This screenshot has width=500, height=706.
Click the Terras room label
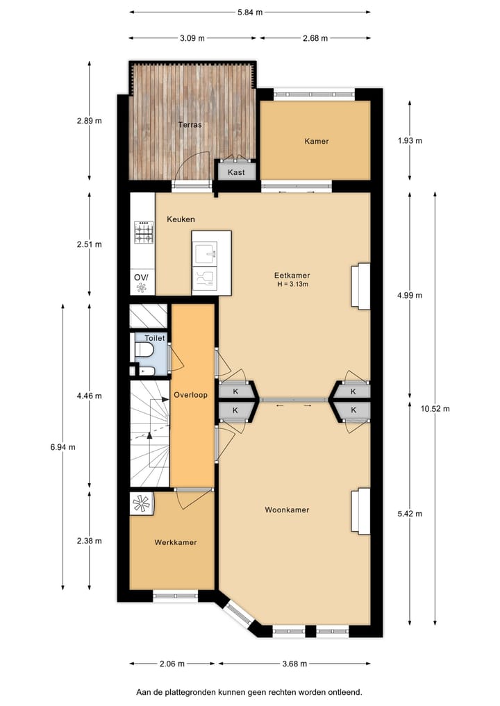(x=190, y=125)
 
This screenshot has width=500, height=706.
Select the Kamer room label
(x=316, y=141)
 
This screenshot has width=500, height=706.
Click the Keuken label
(x=181, y=219)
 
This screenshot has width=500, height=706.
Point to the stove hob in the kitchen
(x=144, y=233)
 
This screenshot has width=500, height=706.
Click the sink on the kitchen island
(x=205, y=253)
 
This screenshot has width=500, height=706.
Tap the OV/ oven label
(x=141, y=278)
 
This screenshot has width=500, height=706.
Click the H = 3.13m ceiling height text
(x=291, y=284)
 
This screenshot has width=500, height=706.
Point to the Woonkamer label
(x=287, y=510)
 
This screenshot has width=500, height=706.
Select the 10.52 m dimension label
(x=435, y=409)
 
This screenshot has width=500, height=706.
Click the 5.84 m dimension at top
(x=249, y=12)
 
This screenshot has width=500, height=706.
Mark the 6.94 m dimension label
(x=62, y=447)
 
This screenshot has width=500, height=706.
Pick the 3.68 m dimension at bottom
(x=295, y=664)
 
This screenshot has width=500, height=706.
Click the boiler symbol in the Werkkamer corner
(x=142, y=504)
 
